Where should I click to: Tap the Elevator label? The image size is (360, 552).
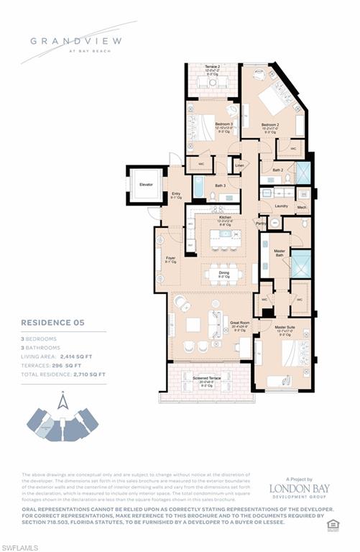(146, 185)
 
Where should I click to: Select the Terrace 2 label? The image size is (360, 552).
(212, 67)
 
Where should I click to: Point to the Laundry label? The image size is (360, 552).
(281, 206)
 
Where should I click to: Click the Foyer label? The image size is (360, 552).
(170, 258)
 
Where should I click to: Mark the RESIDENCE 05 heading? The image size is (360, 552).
(52, 323)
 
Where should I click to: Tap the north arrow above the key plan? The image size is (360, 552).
(63, 400)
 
